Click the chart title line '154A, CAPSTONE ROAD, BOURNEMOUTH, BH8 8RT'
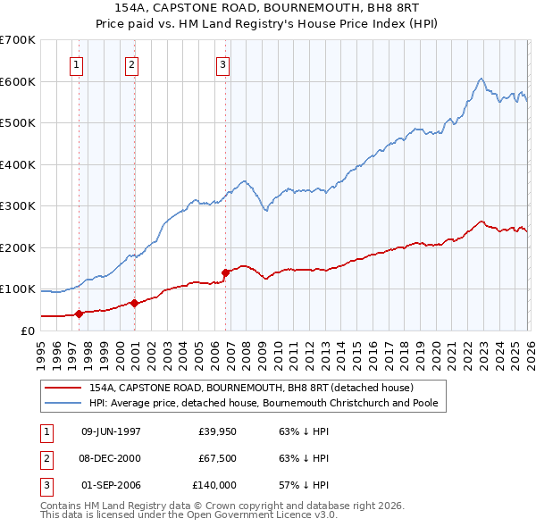[x=267, y=7]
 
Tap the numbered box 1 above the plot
[x=78, y=63]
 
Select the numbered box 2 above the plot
[x=132, y=63]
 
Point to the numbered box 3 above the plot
[x=223, y=63]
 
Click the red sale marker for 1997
[x=79, y=314]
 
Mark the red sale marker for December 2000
[x=134, y=303]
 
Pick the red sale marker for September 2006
[x=225, y=272]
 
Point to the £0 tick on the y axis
[x=29, y=330]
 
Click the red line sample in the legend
[x=63, y=389]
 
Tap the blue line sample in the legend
[x=63, y=404]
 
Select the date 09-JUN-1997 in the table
[x=111, y=431]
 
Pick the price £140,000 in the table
[x=214, y=485]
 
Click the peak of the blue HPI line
[x=481, y=79]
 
